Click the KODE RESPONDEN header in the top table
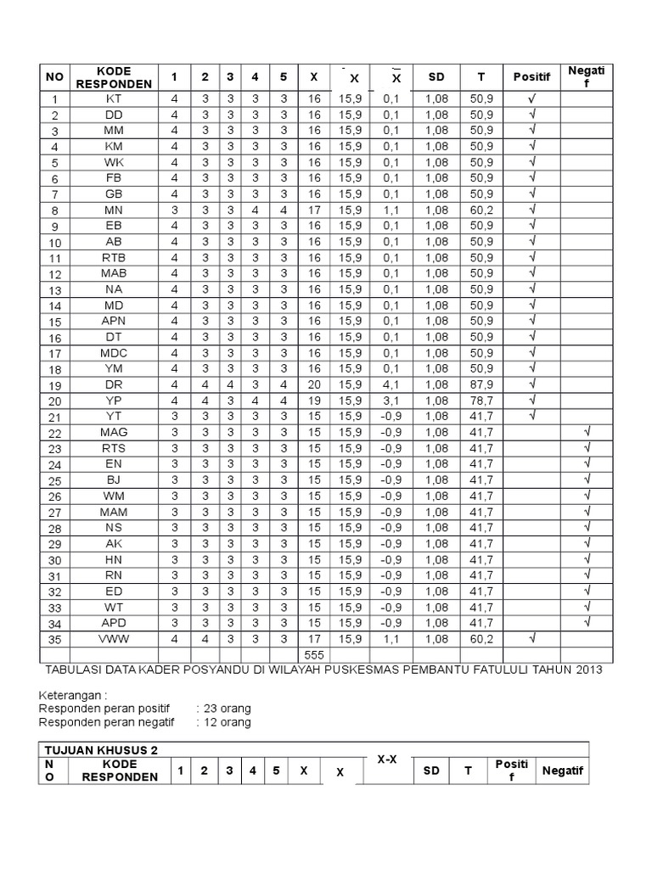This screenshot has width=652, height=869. click(114, 77)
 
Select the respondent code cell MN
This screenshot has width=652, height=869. click(114, 210)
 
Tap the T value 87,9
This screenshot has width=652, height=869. click(481, 384)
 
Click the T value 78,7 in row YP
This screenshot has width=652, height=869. click(481, 400)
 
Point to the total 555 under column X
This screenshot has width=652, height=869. click(313, 656)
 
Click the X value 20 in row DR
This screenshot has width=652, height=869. click(313, 384)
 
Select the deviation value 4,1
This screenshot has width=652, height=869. click(391, 384)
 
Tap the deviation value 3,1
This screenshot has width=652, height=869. click(391, 400)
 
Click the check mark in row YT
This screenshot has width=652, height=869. click(532, 415)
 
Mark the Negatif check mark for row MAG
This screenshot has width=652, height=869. click(586, 431)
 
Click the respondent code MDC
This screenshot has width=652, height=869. click(114, 352)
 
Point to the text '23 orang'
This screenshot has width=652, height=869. click(223, 708)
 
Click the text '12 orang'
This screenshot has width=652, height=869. click(223, 722)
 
